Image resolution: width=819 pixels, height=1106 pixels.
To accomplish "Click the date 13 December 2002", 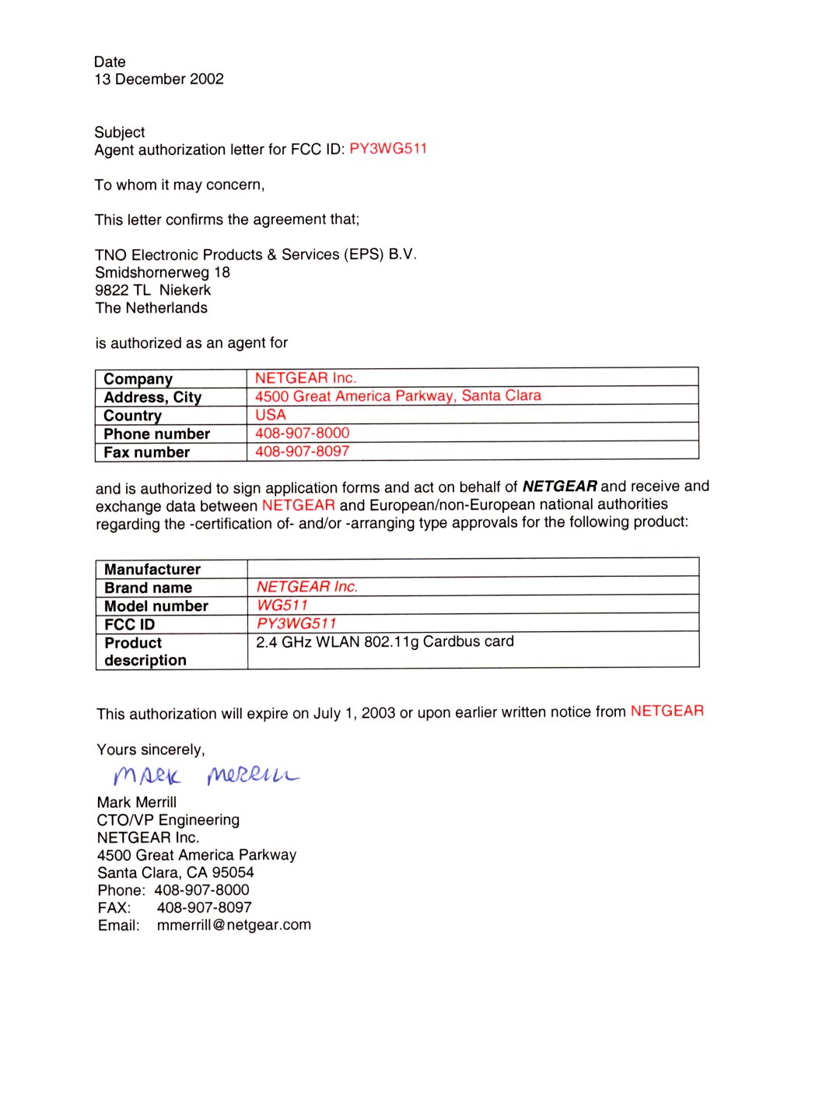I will (159, 79).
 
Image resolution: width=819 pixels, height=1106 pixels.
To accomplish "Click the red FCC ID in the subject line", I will (388, 149).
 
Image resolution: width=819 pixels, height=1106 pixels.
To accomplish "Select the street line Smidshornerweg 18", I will (163, 272).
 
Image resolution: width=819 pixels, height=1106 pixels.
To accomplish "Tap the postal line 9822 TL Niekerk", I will (152, 290).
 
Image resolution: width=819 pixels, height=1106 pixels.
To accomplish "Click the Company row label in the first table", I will (138, 379).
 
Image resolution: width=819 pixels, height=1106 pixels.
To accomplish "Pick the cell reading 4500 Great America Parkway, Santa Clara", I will (397, 396).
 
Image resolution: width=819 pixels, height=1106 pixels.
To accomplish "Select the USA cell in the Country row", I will (271, 415).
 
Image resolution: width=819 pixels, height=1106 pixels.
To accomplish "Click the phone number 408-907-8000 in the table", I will (302, 433).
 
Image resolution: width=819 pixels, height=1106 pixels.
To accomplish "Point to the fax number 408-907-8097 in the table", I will (302, 451).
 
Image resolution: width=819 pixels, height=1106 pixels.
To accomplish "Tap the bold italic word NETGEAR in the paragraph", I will (559, 486).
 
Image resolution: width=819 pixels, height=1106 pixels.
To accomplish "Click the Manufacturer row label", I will (152, 570).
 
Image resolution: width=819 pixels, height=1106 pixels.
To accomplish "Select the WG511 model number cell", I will (282, 606).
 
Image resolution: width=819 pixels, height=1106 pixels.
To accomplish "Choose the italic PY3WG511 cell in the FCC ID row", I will (296, 623).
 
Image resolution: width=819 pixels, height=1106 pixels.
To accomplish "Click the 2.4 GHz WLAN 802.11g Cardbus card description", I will (384, 642).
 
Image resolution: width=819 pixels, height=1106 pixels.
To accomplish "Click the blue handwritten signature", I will (205, 775).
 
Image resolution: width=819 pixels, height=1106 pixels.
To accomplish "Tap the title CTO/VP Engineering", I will (168, 820).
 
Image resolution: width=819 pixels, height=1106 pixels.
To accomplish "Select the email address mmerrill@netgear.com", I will (233, 925).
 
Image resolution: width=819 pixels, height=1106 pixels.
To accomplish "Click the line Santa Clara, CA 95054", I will (175, 873).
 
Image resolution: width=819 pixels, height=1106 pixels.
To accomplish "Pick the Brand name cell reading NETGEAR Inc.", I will (306, 587).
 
